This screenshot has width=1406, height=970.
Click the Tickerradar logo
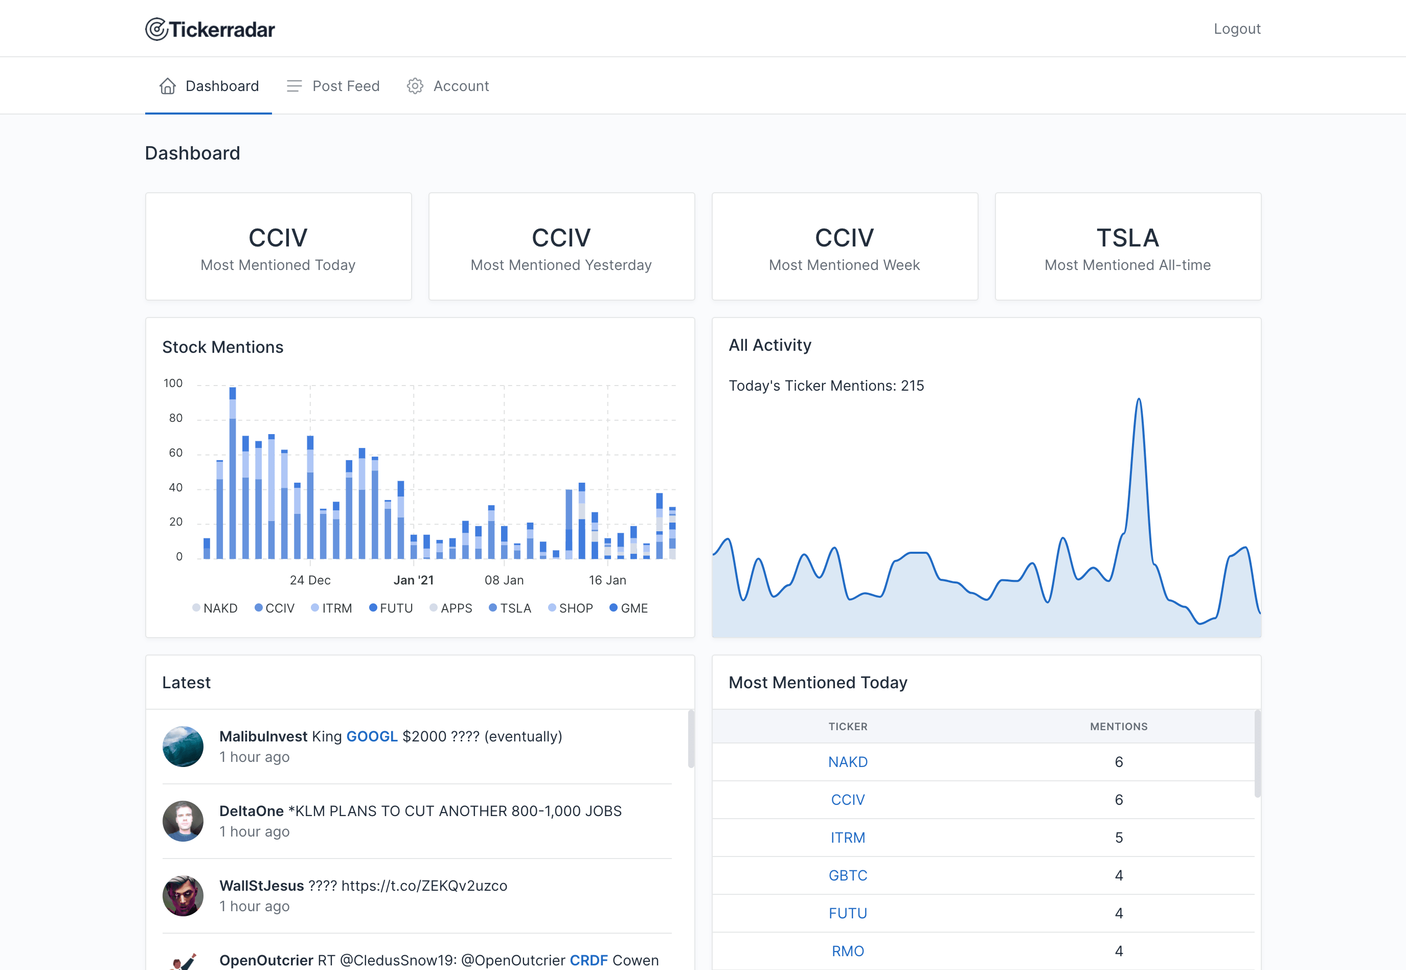pos(210,29)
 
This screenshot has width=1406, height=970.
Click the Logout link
pos(1236,29)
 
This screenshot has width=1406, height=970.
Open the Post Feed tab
pos(333,86)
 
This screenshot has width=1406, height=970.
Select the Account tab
pos(448,86)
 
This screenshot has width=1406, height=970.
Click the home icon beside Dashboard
pos(168,86)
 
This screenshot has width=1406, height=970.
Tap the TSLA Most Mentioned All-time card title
pos(1128,238)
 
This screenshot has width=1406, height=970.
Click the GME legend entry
pos(629,608)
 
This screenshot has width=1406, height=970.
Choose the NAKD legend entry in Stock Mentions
pos(215,608)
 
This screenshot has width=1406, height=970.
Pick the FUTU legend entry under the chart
pos(391,608)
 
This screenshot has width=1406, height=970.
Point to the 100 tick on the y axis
pos(173,383)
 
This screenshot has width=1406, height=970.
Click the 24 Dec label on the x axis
pos(310,580)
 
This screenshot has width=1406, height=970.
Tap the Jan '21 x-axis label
pos(413,580)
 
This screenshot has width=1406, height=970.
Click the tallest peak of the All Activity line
pos(1139,399)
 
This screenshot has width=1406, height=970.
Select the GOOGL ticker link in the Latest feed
pos(372,736)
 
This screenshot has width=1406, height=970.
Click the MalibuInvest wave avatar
pos(183,747)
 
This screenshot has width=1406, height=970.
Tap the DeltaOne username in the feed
pos(252,811)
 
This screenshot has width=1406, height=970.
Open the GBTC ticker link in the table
pos(848,875)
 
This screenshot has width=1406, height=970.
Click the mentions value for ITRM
pos(1119,838)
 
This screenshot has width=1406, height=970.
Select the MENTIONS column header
pos(1119,726)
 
